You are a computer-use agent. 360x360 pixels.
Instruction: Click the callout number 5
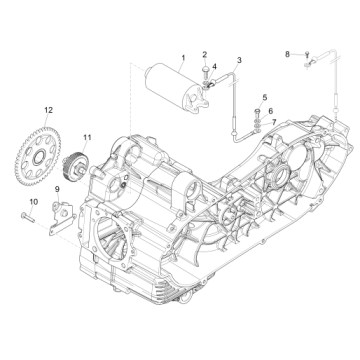point(265,96)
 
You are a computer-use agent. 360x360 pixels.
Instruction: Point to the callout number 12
point(47,107)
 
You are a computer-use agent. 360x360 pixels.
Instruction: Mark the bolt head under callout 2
point(204,69)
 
